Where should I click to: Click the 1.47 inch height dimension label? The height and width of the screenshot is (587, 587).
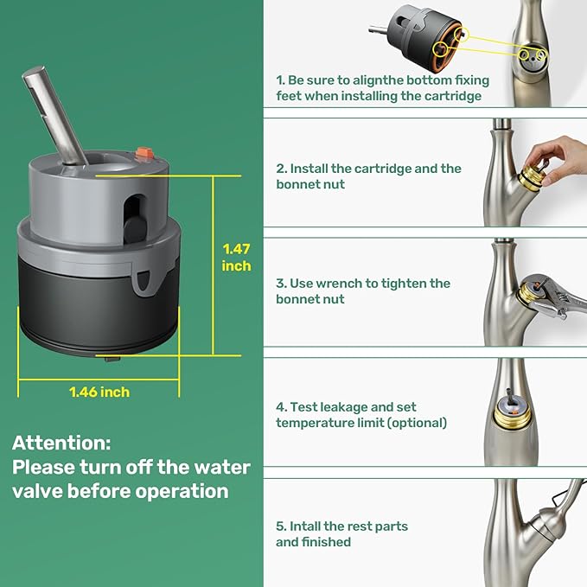pos(236,258)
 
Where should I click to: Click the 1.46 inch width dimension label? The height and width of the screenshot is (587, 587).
pos(99,392)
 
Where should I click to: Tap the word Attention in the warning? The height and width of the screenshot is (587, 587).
pos(61,443)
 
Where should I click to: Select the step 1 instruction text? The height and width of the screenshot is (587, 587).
pos(382,88)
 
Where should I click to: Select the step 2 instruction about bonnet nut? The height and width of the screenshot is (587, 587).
pos(369,176)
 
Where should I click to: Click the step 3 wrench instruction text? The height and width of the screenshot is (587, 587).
pos(363,291)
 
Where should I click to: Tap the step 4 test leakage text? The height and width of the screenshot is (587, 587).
pos(361,414)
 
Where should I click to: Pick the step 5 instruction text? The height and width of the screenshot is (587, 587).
pos(341,533)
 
